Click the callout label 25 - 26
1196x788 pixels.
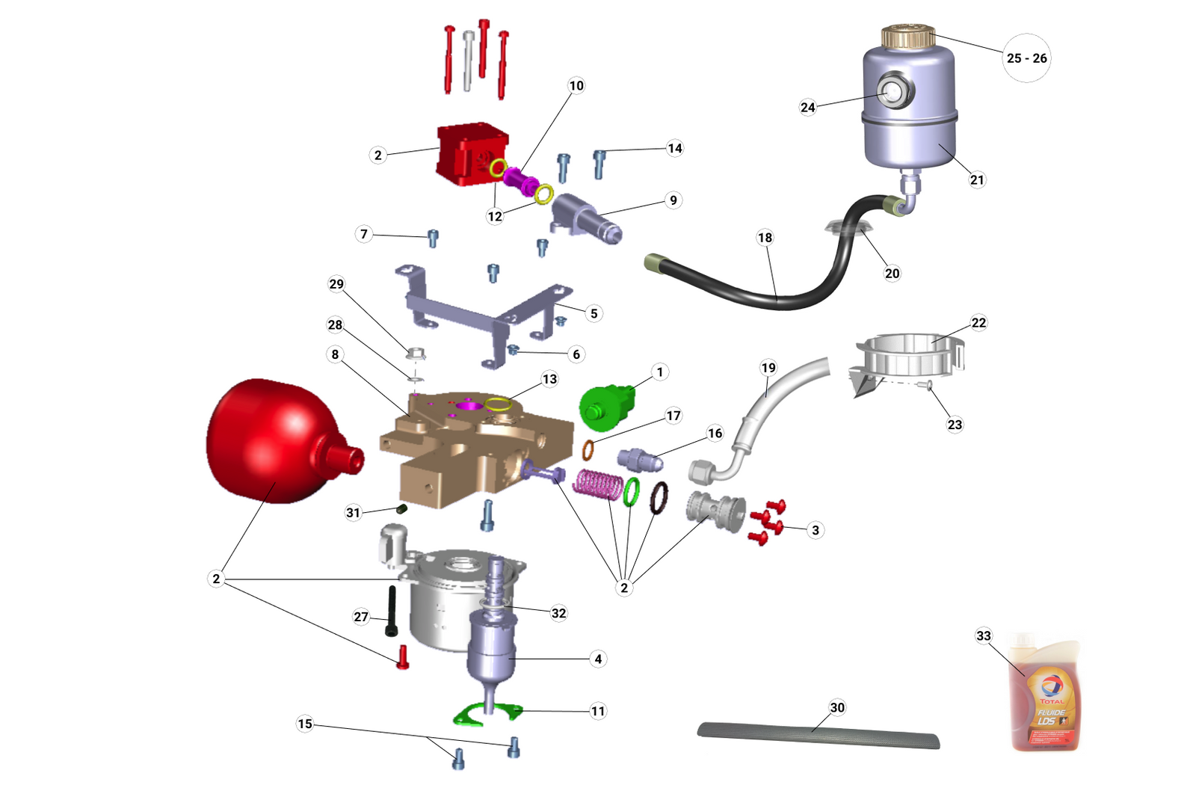1026,58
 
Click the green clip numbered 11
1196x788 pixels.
486,714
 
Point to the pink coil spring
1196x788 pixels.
598,484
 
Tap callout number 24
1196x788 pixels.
808,108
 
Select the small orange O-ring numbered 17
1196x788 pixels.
588,451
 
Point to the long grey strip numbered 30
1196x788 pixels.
819,734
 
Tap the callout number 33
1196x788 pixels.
984,636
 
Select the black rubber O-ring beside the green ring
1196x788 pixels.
659,498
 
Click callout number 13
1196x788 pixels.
549,380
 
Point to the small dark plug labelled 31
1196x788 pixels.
401,509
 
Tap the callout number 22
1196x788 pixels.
978,323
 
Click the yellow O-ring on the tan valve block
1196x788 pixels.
498,405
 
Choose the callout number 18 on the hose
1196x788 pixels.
765,238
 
